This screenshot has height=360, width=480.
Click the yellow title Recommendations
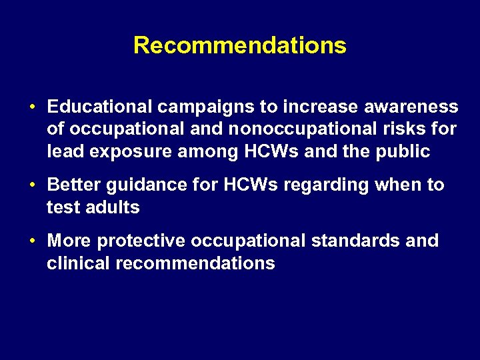coord(240,45)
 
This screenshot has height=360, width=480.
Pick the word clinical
coord(78,263)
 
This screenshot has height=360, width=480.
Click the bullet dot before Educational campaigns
coord(32,107)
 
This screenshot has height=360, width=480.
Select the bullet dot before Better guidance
coord(32,185)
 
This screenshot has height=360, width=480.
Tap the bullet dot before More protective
coord(32,241)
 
